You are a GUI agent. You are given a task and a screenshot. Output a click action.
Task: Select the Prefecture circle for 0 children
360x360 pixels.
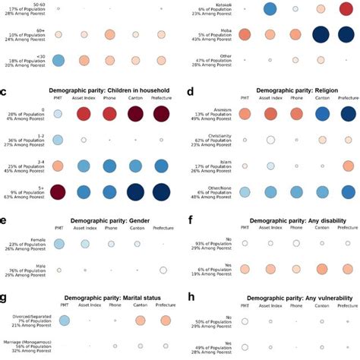(x=162, y=113)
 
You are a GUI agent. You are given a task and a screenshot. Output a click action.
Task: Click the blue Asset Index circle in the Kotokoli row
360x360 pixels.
(x=270, y=9)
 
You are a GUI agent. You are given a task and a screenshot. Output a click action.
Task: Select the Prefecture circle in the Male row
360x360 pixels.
(x=162, y=270)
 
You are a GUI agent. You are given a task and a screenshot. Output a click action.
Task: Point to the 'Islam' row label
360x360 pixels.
(x=220, y=163)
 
